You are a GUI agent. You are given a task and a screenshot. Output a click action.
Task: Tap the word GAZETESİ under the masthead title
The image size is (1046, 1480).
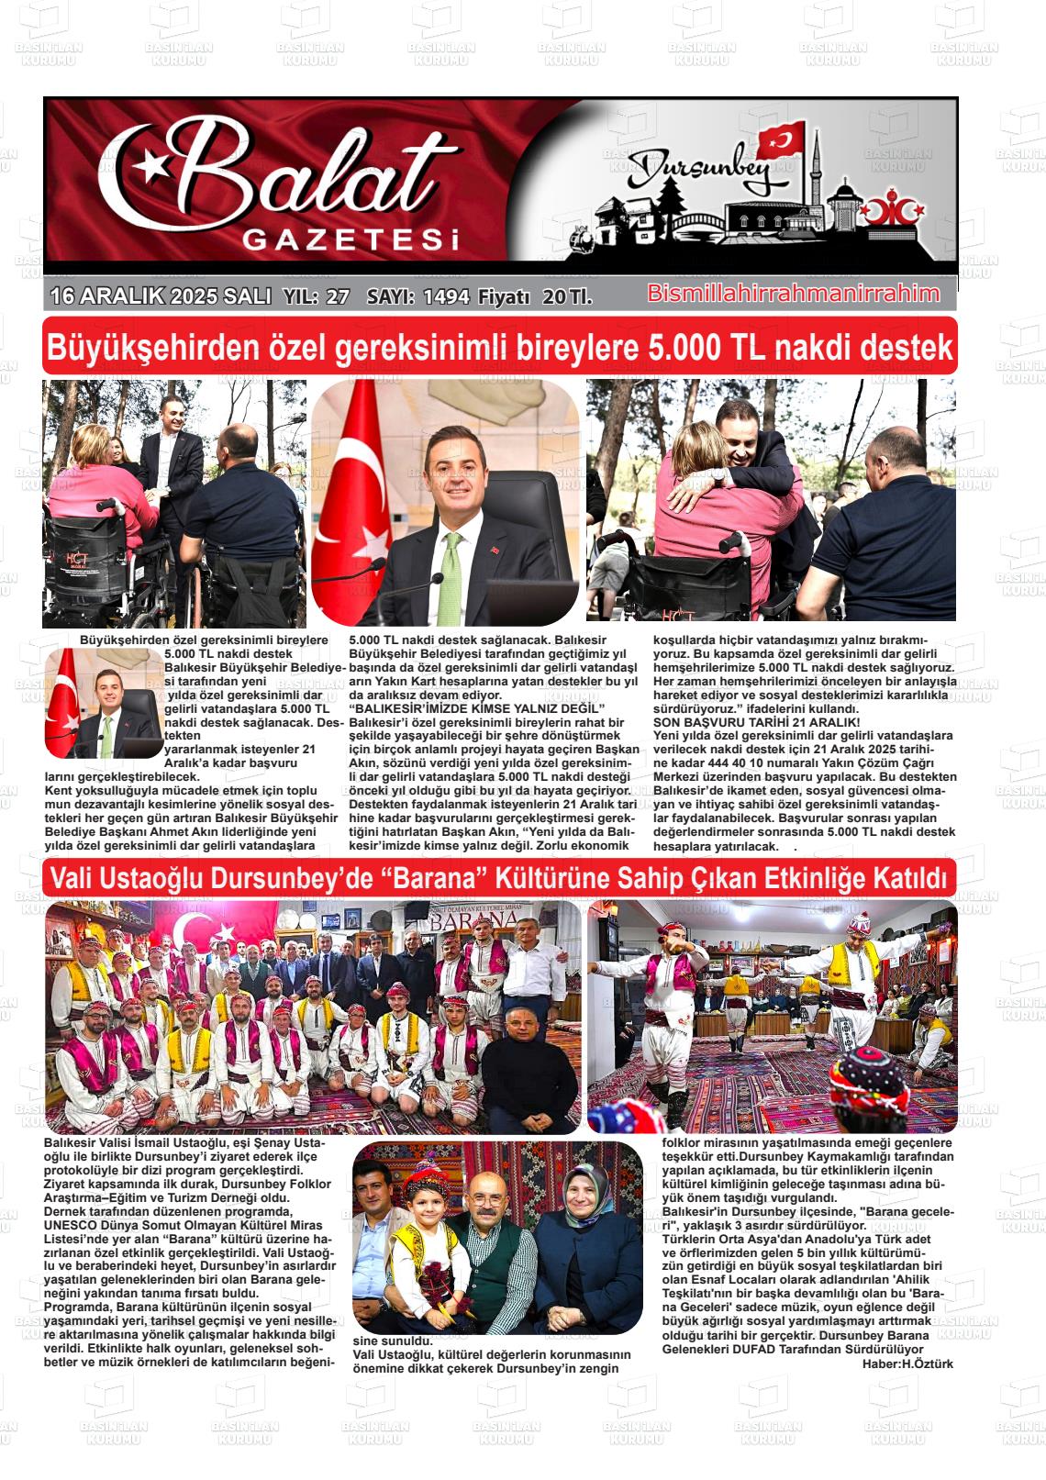point(350,240)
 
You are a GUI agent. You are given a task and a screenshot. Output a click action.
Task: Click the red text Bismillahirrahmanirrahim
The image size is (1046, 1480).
point(794,294)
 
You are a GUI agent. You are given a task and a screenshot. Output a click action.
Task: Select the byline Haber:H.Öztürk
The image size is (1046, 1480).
point(907,1363)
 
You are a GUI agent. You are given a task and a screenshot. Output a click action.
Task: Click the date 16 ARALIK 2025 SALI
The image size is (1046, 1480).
point(161,296)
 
